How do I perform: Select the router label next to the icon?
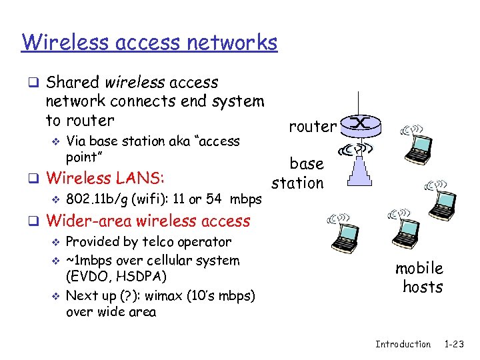pos(312,127)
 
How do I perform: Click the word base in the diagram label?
pos(306,163)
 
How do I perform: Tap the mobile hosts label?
pos(420,277)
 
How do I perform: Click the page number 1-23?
pos(454,344)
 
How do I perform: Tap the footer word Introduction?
pos(403,344)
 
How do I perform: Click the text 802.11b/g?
pos(99,199)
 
